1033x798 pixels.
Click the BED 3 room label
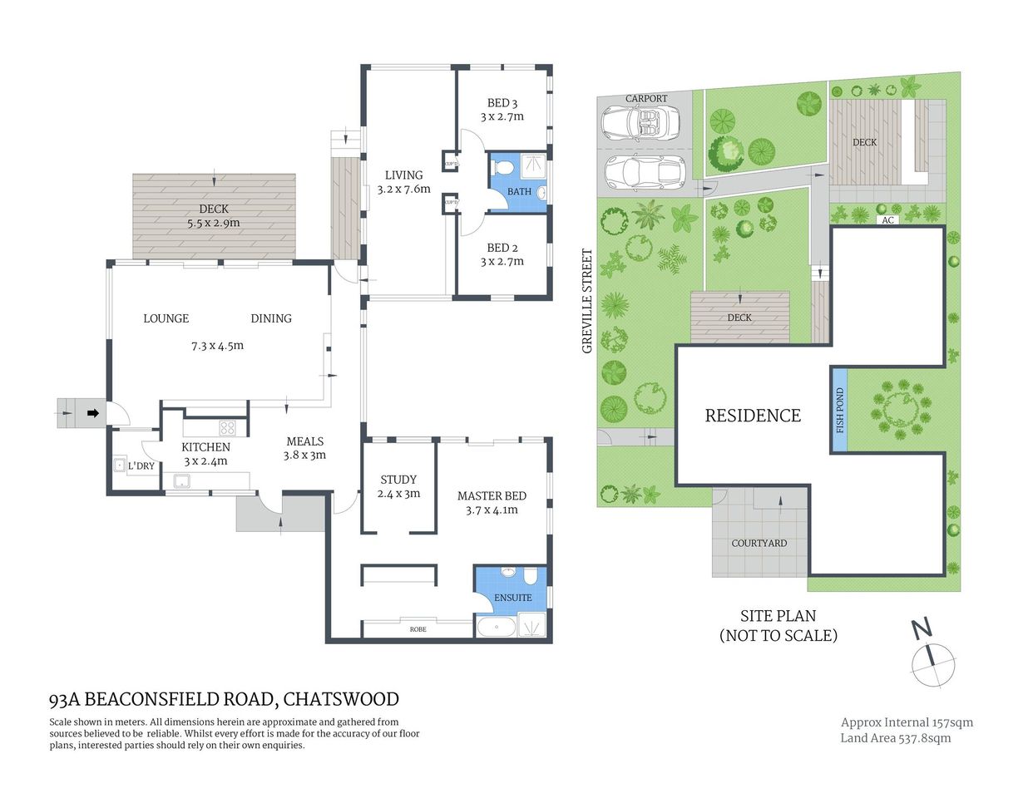502,103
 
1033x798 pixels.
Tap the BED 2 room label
502,248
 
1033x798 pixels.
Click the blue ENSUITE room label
512,598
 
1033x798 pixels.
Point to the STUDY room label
398,480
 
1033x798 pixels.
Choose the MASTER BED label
492,496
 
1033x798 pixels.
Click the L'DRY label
141,466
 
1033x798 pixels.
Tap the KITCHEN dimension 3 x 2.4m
205,461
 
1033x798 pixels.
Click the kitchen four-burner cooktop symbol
227,428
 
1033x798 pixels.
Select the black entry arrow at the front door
93,412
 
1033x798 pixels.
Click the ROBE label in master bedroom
418,629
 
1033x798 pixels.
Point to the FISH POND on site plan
839,411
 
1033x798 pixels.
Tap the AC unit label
887,220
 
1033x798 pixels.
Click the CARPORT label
646,99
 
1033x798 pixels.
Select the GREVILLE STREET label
587,301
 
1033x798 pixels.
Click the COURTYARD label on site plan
759,543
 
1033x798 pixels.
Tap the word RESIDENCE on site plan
753,416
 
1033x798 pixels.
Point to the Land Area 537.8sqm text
895,738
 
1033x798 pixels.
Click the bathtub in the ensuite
496,627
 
